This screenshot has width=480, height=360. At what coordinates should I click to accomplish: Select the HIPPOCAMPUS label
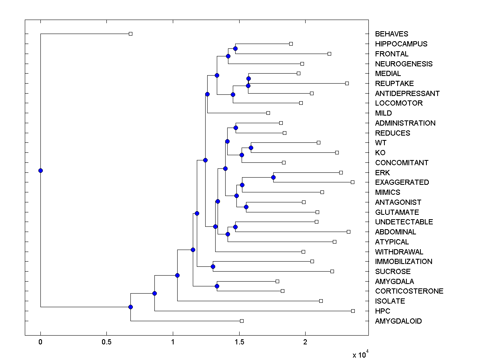click(x=401, y=44)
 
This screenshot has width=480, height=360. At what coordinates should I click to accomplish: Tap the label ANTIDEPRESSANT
click(x=407, y=93)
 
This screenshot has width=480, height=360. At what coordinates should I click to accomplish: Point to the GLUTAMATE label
click(x=397, y=212)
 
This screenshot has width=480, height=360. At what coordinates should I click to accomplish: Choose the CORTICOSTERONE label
click(x=409, y=291)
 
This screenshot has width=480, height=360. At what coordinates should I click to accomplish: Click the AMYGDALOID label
click(x=398, y=321)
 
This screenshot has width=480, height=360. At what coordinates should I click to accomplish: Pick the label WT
click(x=381, y=143)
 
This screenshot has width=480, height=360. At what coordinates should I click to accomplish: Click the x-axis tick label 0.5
click(x=106, y=342)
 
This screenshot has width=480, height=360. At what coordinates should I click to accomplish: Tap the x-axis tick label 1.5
click(x=239, y=342)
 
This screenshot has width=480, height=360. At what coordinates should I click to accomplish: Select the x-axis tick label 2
click(x=305, y=342)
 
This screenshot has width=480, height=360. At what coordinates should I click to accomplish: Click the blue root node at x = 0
click(x=40, y=170)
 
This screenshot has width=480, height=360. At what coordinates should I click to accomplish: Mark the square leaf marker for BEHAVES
click(x=130, y=34)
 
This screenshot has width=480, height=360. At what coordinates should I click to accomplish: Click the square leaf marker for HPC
click(x=353, y=311)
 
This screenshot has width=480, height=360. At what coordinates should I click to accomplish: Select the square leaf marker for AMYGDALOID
click(x=242, y=321)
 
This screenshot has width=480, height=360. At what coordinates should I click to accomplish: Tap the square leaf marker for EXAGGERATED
click(x=352, y=182)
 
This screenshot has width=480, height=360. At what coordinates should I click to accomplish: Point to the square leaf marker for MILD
click(x=268, y=113)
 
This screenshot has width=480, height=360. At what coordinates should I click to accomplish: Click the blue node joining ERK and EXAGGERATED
click(x=273, y=177)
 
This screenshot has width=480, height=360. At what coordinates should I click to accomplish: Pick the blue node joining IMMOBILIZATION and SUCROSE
click(x=213, y=266)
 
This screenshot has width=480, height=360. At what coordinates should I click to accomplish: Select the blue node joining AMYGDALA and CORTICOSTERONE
click(x=217, y=286)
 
